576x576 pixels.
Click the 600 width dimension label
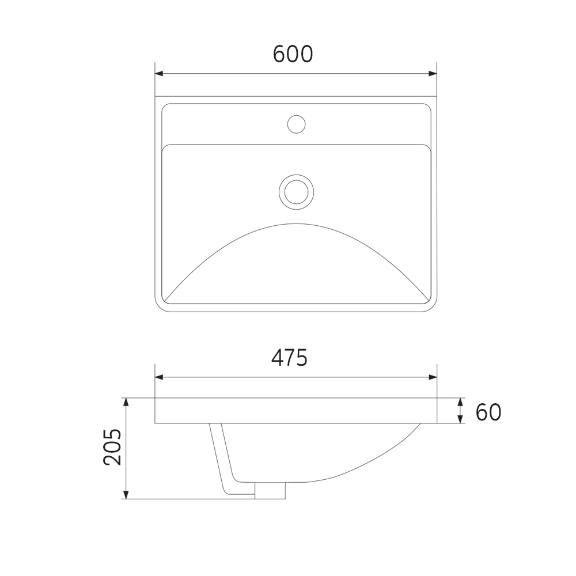point(293,54)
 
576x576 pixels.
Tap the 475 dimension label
point(290,358)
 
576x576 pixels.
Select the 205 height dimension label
point(112,447)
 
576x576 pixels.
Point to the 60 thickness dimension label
point(488,412)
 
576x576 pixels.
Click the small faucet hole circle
point(297,124)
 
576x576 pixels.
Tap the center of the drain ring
point(297,192)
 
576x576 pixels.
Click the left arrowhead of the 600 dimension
point(159,74)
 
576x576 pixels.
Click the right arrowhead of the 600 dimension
point(433,74)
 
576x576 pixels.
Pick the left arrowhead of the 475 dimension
point(159,377)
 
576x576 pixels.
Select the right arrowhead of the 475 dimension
point(433,377)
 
